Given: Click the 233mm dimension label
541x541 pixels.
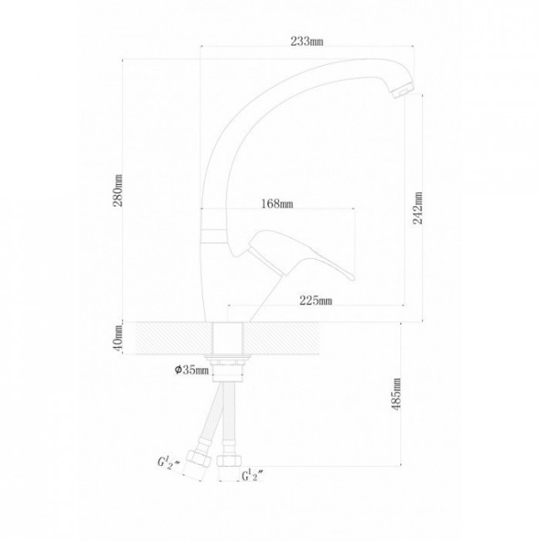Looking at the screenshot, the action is (x=307, y=41).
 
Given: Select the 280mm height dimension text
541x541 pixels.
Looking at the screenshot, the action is (x=118, y=191).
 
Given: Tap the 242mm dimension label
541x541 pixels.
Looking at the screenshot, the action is (x=418, y=208).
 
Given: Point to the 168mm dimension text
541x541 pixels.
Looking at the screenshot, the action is (x=277, y=204).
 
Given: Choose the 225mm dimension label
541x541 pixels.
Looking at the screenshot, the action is (x=315, y=300).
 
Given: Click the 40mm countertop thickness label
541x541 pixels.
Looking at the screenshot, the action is (x=118, y=338).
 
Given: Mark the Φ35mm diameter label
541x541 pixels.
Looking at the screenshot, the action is (x=191, y=370).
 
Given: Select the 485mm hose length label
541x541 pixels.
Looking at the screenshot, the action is (x=397, y=394).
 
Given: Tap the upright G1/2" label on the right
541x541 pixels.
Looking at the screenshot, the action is (x=253, y=476).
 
